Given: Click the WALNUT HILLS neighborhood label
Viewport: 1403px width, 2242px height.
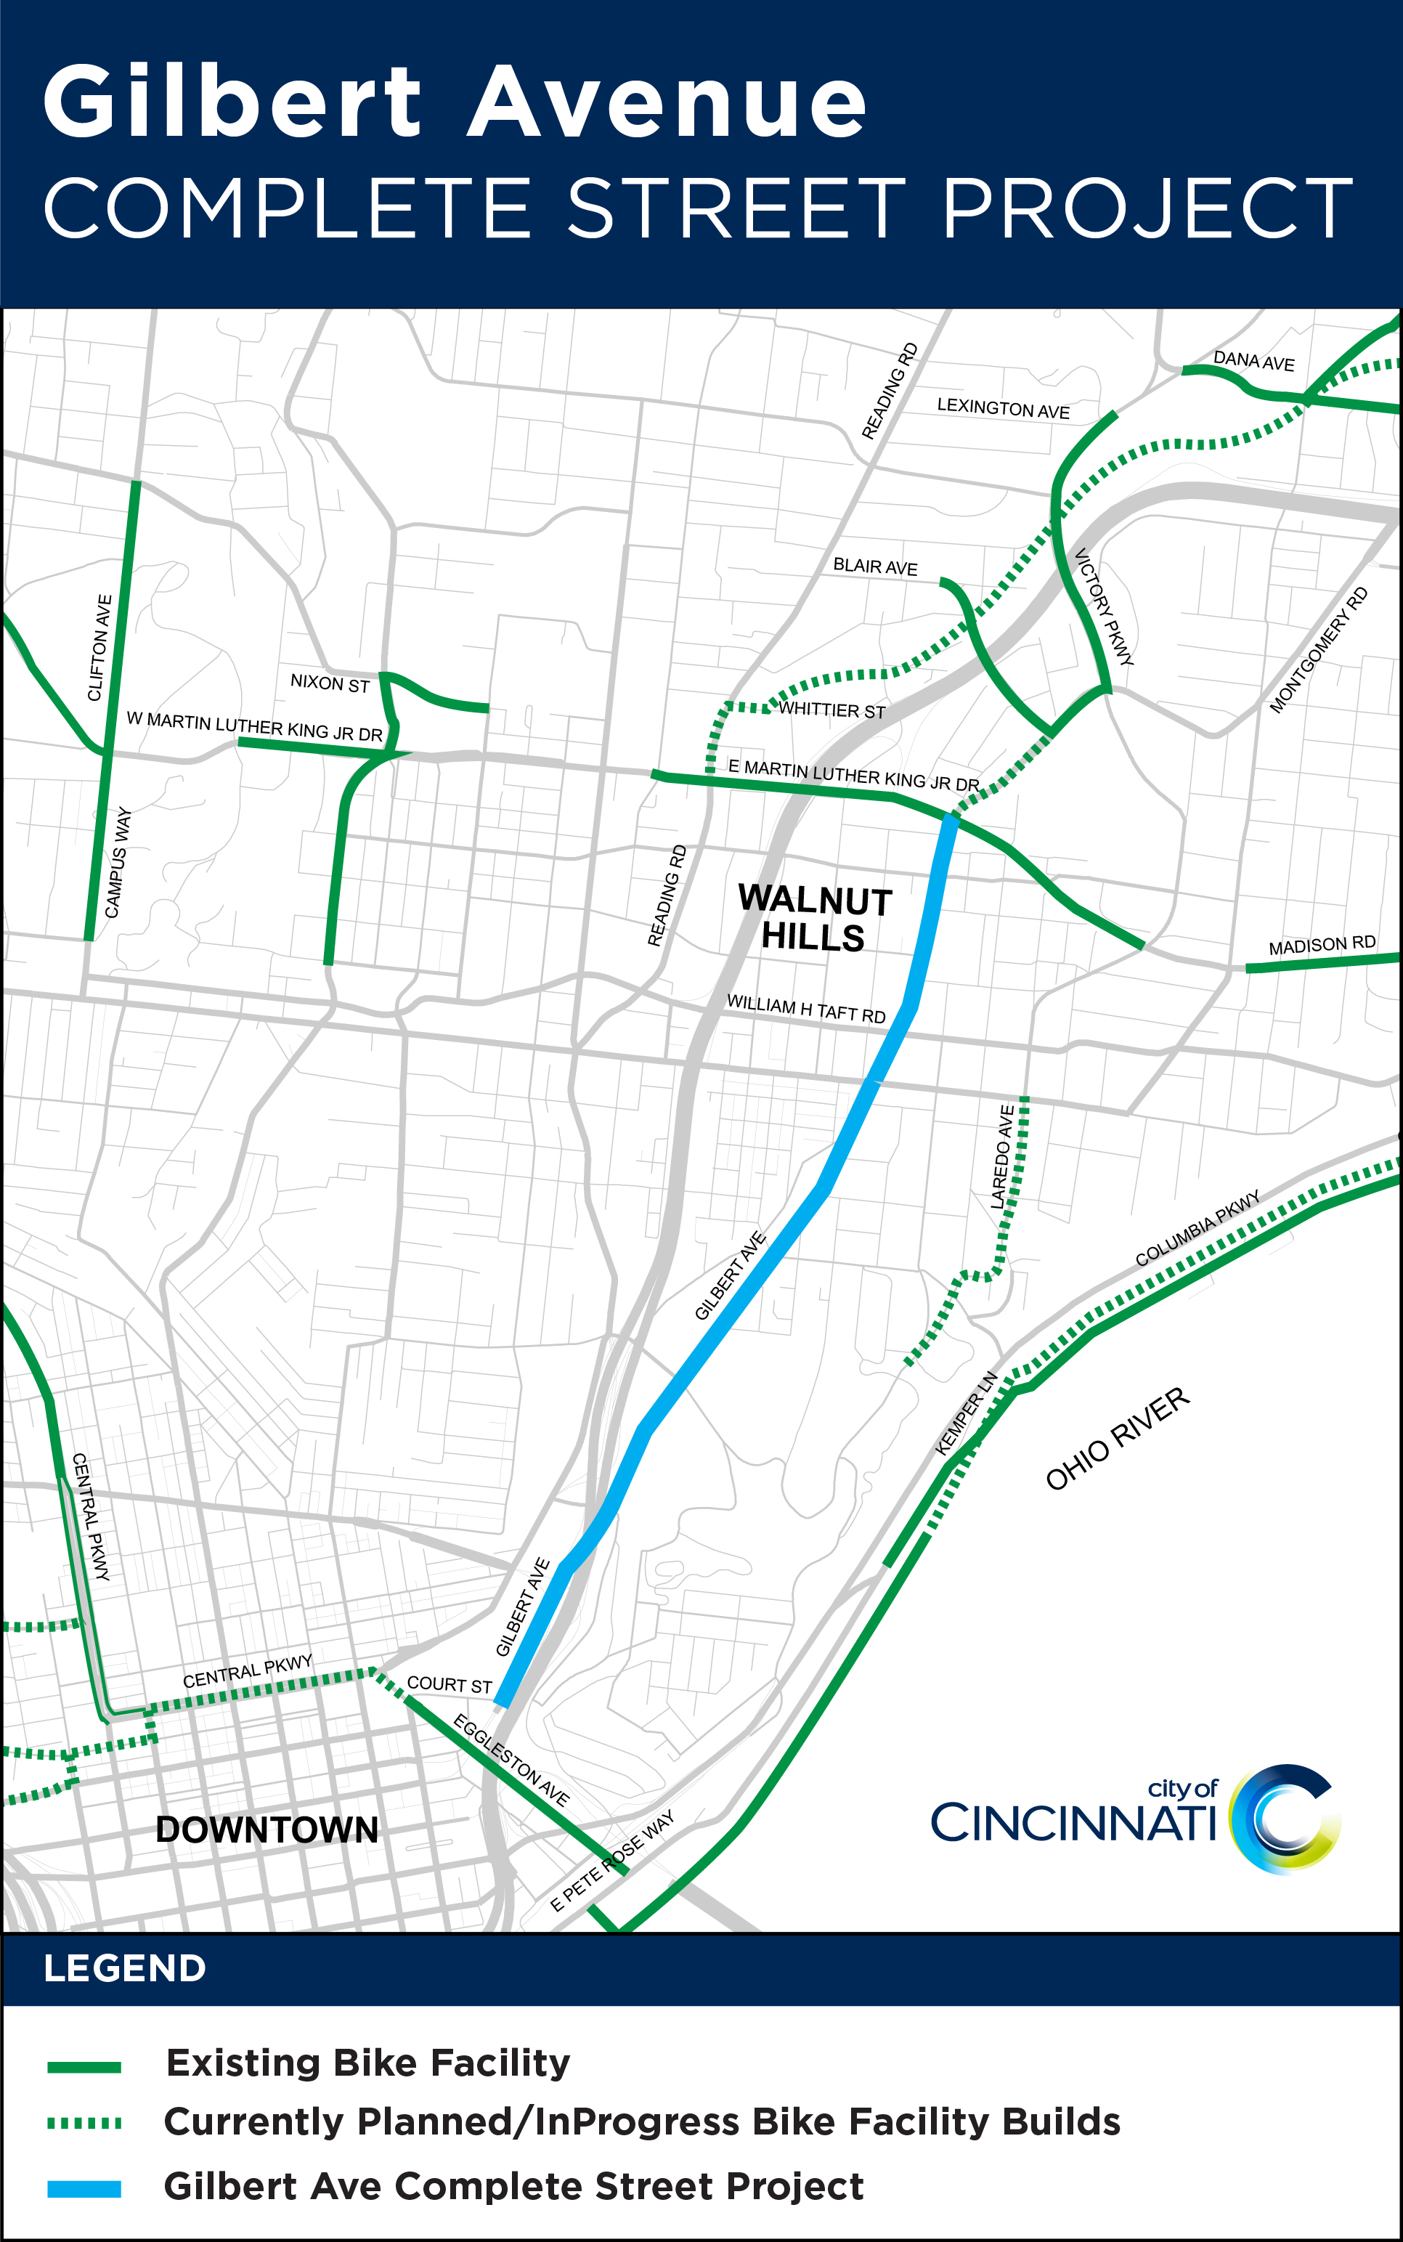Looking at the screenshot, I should coord(814,918).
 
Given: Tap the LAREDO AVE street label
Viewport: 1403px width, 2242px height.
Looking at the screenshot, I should coord(1002,1156).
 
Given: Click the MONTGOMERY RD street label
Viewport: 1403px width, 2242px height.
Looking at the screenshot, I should coord(1317,649).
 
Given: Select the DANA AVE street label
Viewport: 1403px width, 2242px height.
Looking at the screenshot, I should coord(1253,361).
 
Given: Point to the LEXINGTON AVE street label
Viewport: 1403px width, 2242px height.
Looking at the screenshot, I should coord(1003,408).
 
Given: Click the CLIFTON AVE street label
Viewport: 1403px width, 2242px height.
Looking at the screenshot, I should coord(99,648).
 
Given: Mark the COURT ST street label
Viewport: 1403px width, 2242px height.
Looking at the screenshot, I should coord(449,1684).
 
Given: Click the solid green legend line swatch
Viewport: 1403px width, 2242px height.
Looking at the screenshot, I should coord(84,2067).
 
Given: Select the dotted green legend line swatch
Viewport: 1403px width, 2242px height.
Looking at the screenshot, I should coord(84,2123).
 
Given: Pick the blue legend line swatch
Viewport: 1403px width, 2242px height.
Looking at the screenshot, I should coord(84,2188).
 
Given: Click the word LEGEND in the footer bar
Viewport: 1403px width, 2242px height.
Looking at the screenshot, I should coord(124,1967).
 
